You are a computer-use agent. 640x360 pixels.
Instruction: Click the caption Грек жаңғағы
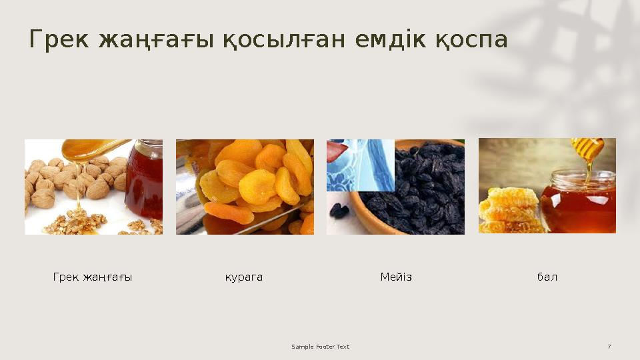(93, 277)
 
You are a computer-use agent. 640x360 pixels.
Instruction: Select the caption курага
(244, 277)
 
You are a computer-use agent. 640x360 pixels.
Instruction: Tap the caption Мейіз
(396, 277)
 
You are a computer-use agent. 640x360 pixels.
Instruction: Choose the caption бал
(547, 277)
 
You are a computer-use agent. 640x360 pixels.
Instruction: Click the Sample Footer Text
(321, 347)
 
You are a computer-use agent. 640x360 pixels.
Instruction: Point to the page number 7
(609, 347)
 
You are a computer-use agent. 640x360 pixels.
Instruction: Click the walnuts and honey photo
(93, 187)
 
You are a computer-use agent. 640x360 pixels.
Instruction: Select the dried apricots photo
(245, 187)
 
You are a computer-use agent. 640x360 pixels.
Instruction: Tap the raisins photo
(395, 187)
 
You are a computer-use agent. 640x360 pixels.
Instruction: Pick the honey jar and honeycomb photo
(547, 186)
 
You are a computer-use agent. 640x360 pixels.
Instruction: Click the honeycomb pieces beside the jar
(508, 209)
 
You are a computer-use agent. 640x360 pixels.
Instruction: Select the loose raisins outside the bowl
(339, 210)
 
